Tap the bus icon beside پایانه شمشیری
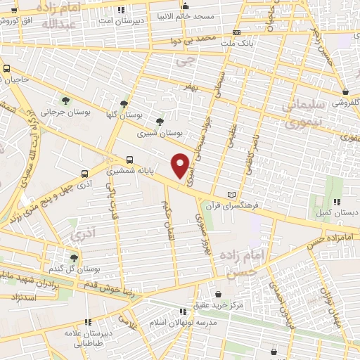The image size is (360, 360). pyautogui.click(x=129, y=160)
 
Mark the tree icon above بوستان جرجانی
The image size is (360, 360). pyautogui.click(x=65, y=100)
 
